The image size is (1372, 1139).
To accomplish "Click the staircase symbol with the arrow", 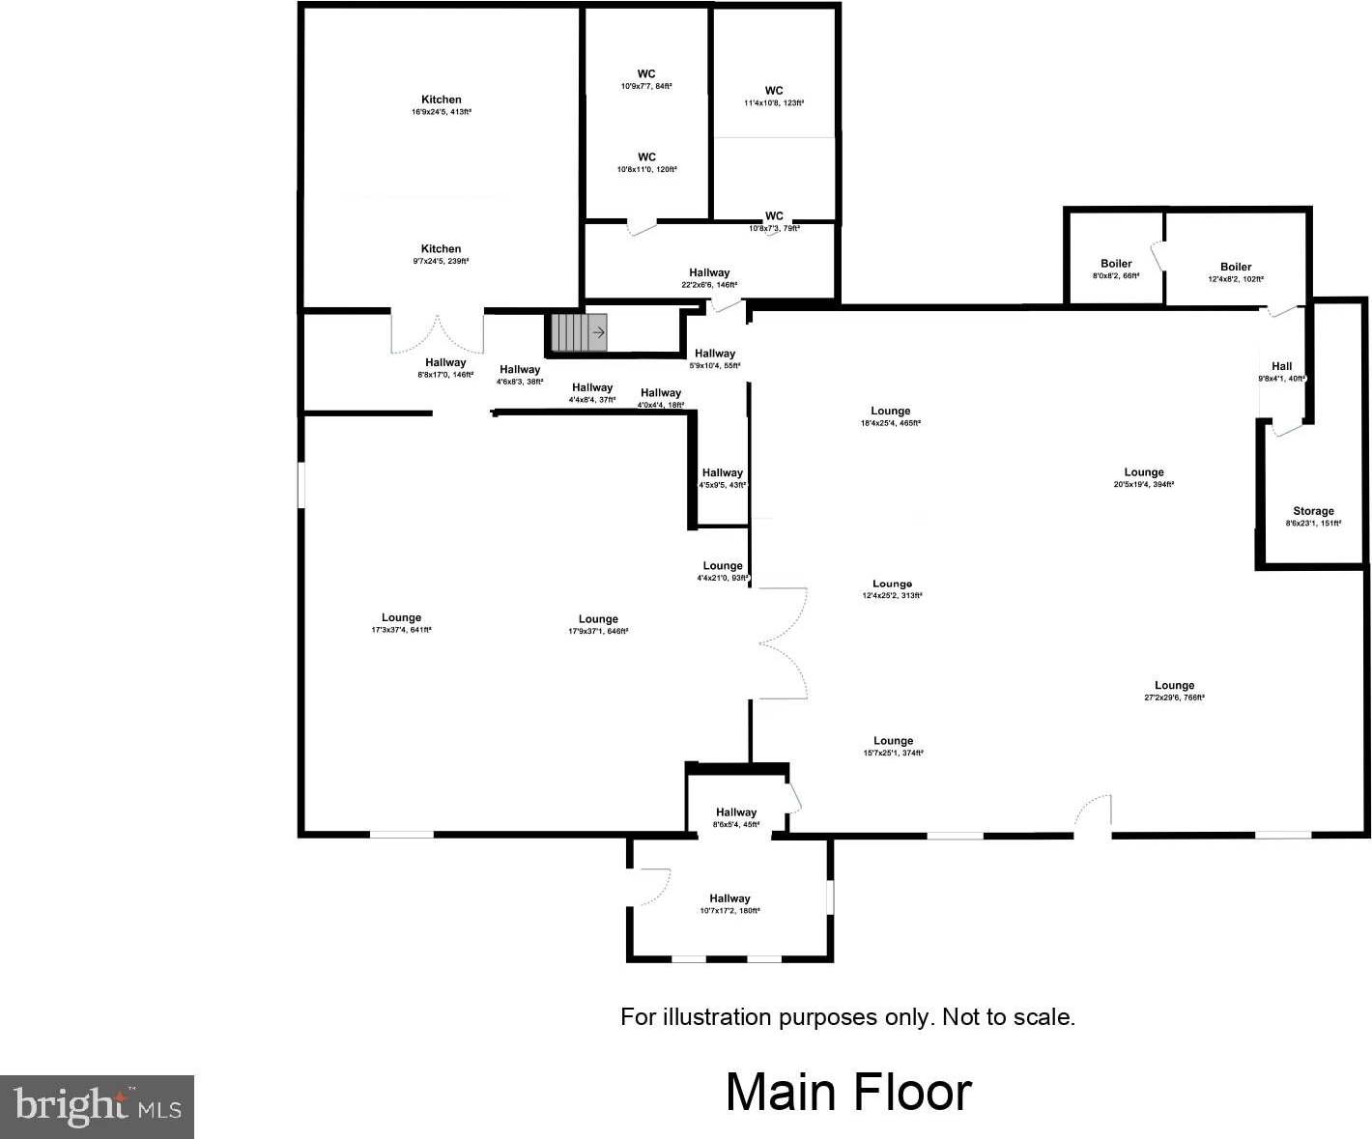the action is click(x=579, y=332).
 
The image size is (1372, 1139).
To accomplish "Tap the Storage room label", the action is click(x=1313, y=517).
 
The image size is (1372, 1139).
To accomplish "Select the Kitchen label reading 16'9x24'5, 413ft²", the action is click(x=442, y=105).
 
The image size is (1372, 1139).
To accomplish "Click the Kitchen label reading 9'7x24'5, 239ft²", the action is click(x=441, y=254).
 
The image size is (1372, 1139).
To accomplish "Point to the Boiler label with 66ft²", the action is click(x=1116, y=269).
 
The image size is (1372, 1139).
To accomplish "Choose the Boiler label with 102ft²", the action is click(x=1236, y=271).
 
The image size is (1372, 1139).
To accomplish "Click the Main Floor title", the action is click(x=848, y=1092).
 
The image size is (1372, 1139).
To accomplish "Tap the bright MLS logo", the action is click(x=97, y=1106).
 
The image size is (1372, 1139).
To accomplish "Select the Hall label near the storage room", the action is click(x=1282, y=371).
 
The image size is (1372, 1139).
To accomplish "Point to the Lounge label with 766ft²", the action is click(x=1175, y=691).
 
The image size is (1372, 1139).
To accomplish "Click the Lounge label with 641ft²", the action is click(x=401, y=623).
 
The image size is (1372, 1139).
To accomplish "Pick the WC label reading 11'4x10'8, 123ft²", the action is click(x=774, y=96).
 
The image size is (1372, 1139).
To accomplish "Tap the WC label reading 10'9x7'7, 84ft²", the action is click(x=646, y=79).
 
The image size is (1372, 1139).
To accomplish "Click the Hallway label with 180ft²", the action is click(x=729, y=903).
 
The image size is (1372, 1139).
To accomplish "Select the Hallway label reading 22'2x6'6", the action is click(x=709, y=278).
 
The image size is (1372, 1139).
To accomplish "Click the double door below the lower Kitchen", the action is click(x=437, y=333).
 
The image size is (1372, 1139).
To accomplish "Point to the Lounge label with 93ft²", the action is click(x=723, y=571).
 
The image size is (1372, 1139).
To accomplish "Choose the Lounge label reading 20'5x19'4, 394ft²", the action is click(x=1144, y=477).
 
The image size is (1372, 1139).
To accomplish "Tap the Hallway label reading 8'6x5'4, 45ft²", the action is click(x=736, y=817).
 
